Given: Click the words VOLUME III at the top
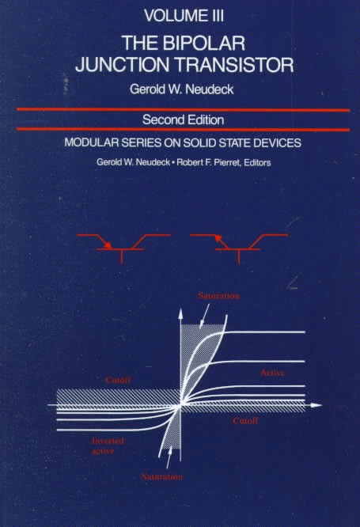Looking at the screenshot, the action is coord(184,16).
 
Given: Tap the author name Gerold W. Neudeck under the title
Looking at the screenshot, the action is coord(181,89).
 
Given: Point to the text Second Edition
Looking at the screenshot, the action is coord(184,119).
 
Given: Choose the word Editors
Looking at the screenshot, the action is coord(257,162).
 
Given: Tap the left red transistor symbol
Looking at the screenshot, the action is coord(122,248).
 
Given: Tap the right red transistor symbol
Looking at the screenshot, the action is coord(239,248).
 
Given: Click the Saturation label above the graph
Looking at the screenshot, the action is coord(218,296).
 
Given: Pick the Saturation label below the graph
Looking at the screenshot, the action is coord(162,476).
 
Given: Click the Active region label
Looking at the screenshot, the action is coord(273,373).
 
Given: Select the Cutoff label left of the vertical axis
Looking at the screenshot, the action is coord(118,380).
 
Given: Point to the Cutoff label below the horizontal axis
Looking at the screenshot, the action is coord(245,420).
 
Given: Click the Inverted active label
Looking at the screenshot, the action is coord(108,446).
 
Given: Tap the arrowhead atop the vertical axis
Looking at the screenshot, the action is coord(180,313).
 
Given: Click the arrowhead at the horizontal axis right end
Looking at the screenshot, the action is coord(316,405).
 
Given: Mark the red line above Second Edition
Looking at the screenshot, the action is coord(184,109).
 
